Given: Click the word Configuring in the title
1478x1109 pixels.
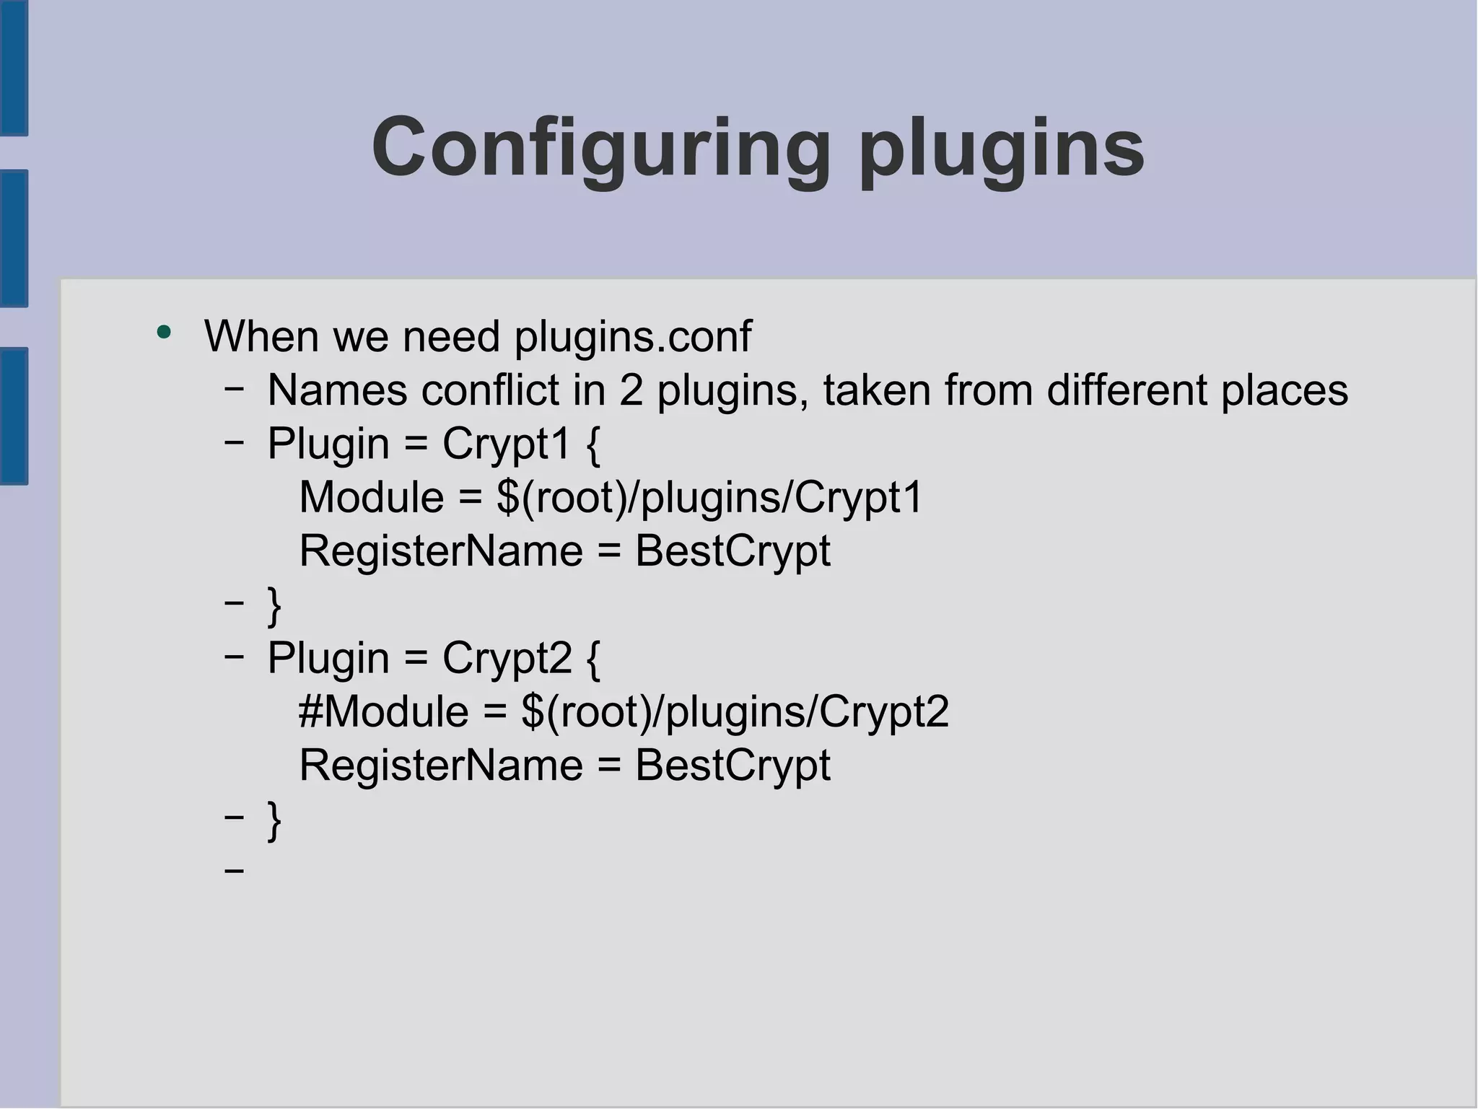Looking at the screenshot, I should coord(600,148).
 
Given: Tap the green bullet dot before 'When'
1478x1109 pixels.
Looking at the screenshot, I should coord(165,333).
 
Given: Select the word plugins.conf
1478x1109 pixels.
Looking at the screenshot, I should coord(633,337).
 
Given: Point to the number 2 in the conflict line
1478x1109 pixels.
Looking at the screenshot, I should coord(631,390).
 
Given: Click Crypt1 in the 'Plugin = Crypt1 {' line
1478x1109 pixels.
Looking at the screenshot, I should coord(507,444).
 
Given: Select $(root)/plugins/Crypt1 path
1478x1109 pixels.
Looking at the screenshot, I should coord(709,498).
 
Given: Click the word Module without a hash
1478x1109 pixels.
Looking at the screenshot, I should coord(371,498).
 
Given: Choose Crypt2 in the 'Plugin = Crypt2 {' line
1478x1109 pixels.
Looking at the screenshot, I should coord(507,658).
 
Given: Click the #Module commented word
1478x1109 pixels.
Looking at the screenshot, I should coord(383,711).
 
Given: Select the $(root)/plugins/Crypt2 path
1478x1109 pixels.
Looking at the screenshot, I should coord(735,711).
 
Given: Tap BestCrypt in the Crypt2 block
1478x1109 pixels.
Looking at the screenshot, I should coord(733,765).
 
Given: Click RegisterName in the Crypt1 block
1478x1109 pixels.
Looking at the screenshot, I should coord(440,551).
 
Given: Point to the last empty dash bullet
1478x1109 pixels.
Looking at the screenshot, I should coord(234,871).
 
